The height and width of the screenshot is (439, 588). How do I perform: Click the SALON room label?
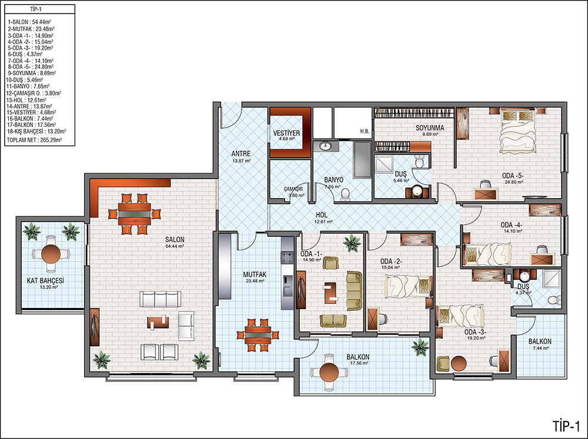pos(175,240)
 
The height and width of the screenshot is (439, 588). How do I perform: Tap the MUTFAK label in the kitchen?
pos(255,274)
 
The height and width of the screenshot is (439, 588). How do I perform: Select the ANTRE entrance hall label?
pos(240,154)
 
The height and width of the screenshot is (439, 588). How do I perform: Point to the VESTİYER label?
pos(286,133)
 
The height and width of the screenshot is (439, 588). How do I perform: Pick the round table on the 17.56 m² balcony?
pos(329,372)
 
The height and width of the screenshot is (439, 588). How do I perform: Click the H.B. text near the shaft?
pos(365,131)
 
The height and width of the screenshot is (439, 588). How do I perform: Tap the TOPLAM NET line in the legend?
pos(35,140)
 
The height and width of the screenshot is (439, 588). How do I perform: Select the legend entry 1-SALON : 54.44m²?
pos(29,22)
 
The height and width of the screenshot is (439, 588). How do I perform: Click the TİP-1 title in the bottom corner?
pos(566,426)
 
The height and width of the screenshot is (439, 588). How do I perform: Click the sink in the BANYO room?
pos(325,146)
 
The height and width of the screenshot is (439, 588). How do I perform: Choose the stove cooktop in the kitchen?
pos(288,258)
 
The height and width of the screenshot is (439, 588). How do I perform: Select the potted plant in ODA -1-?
pos(352,243)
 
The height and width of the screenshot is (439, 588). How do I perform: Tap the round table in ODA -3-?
pos(459,363)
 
